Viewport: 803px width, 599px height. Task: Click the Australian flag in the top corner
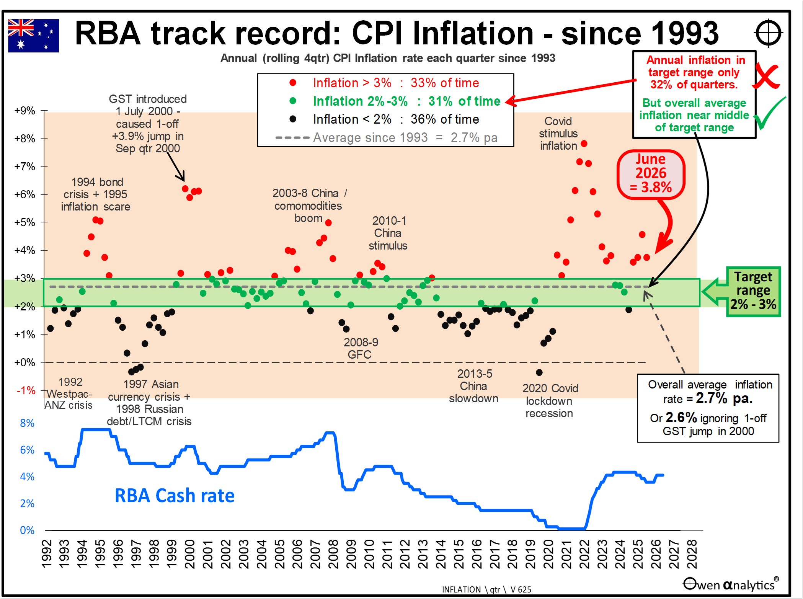coord(33,36)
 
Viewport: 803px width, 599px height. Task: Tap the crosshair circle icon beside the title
coord(768,33)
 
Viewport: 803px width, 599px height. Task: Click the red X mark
coord(766,77)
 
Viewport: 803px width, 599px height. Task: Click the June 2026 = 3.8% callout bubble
coord(651,174)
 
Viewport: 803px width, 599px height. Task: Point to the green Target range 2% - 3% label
coord(753,291)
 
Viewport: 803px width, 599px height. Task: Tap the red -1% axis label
coord(26,390)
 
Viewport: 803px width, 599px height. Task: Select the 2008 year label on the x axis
coord(333,554)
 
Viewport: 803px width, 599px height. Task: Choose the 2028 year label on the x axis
coord(692,554)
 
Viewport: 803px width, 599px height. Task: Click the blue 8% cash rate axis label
coord(27,423)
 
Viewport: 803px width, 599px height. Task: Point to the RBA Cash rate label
coord(175,495)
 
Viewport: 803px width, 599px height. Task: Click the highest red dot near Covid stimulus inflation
coord(584,144)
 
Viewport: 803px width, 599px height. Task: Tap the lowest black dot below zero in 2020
coord(539,372)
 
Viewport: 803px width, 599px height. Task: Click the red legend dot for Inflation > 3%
coord(293,83)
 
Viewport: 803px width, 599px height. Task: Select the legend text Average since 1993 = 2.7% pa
coord(405,137)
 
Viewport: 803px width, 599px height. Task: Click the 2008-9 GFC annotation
coord(361,348)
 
